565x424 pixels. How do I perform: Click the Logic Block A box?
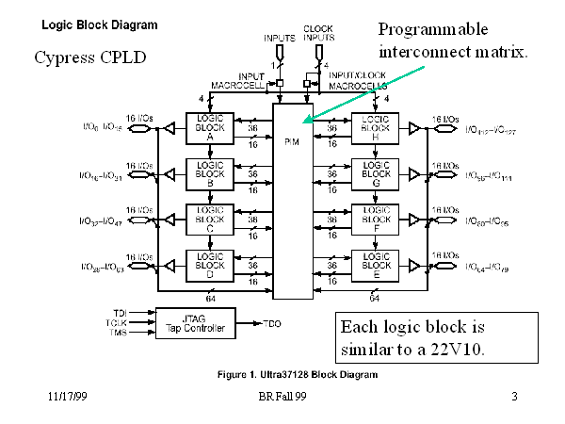212,128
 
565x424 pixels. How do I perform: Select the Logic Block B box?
212,173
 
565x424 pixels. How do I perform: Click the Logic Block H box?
376,128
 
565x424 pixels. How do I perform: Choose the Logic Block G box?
376,173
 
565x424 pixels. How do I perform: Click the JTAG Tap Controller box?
195,323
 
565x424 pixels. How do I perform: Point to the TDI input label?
119,312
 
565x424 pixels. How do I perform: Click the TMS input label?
119,333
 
